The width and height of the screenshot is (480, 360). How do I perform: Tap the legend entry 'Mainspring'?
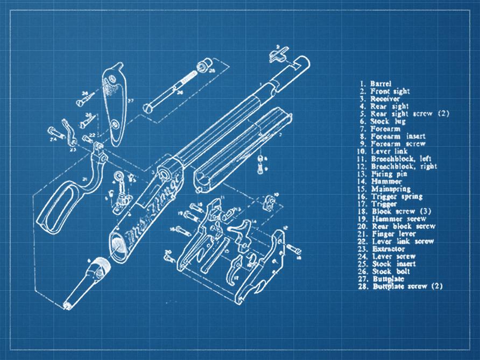391,189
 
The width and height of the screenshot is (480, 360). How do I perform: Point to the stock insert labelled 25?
203,67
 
